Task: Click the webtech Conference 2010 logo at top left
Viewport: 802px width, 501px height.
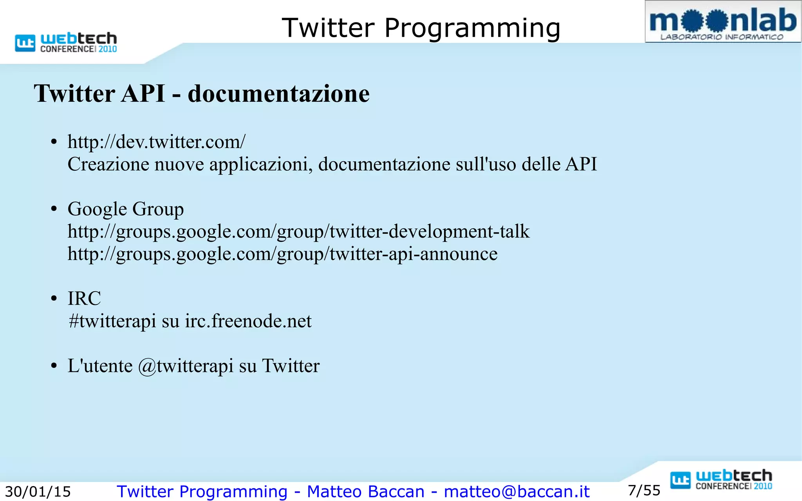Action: click(66, 42)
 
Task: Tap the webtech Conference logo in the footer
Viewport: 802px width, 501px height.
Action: click(721, 480)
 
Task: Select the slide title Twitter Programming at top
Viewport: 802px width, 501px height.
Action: click(421, 28)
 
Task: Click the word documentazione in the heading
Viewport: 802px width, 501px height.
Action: click(278, 94)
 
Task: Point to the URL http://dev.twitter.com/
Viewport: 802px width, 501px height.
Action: click(156, 142)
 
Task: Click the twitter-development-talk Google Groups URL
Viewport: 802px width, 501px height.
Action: click(298, 231)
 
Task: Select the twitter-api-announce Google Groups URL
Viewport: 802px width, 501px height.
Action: click(282, 254)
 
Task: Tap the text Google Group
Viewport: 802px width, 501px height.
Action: click(125, 209)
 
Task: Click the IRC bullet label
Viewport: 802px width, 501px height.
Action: click(84, 298)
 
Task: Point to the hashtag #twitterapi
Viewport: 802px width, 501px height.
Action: click(112, 321)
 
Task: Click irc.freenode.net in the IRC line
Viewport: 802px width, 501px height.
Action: click(248, 321)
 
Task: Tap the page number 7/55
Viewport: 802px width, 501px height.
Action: click(644, 490)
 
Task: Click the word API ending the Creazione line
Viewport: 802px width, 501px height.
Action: click(581, 164)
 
